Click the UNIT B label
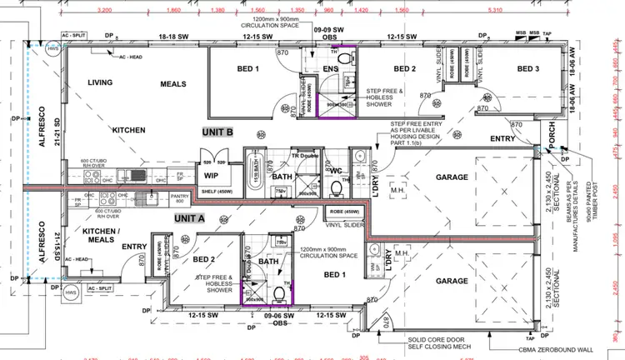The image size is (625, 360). pyautogui.click(x=218, y=132)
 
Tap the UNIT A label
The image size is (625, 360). pyautogui.click(x=190, y=217)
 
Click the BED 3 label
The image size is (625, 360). pyautogui.click(x=528, y=68)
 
